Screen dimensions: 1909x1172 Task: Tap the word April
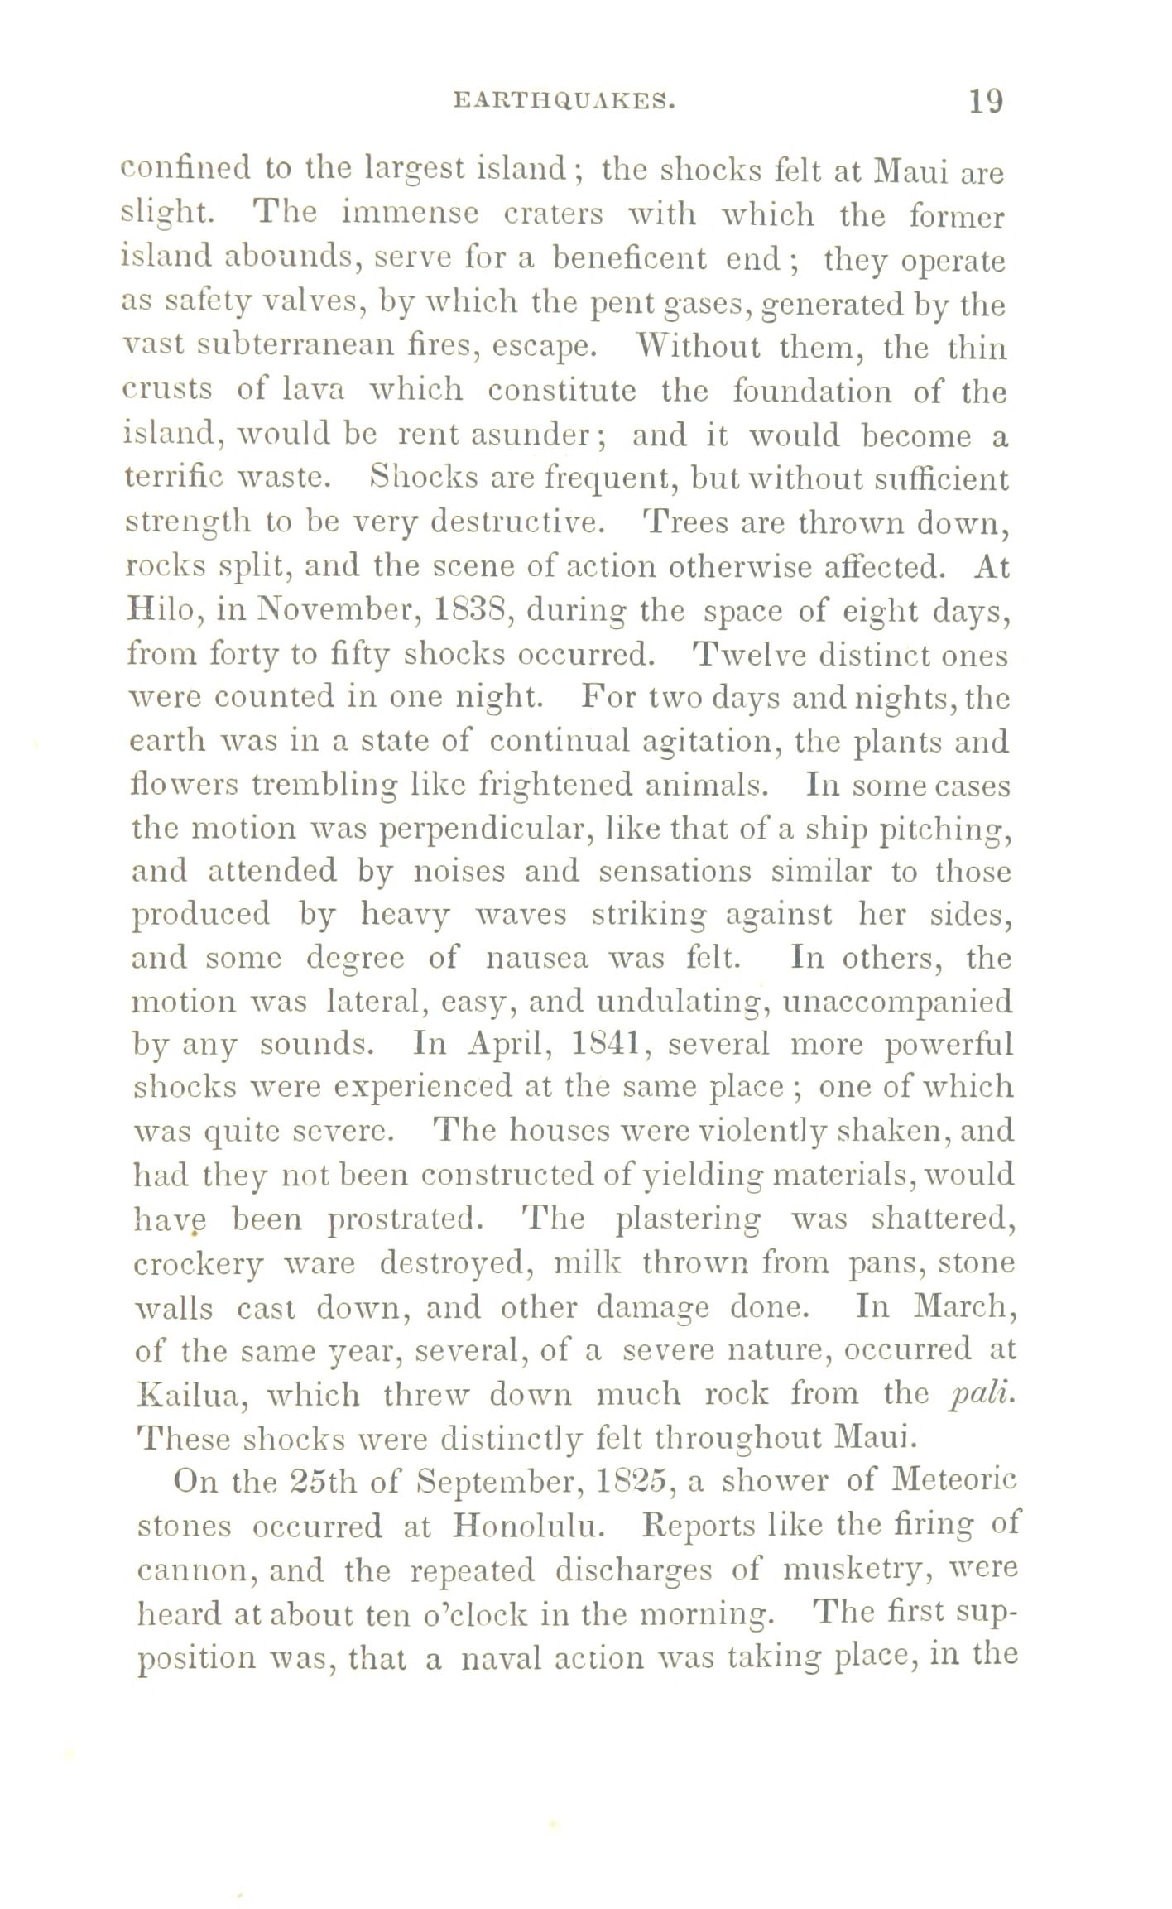pos(500,1043)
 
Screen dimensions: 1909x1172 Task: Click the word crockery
pos(197,1264)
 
